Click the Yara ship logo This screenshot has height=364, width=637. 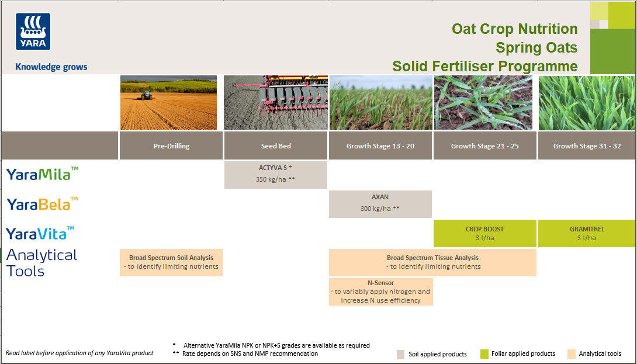point(33,32)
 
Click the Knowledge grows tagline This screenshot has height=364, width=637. point(51,67)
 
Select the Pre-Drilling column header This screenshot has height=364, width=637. point(171,146)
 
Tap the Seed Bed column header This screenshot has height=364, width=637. point(276,146)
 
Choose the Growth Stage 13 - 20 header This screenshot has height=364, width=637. point(380,146)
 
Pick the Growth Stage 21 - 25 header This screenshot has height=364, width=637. point(484,146)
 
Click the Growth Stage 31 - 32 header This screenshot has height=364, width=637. point(587,146)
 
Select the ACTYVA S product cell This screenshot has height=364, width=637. point(275,174)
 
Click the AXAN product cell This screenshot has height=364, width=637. point(380,203)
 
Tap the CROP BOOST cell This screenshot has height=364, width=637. point(484,233)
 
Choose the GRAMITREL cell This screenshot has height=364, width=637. point(586,233)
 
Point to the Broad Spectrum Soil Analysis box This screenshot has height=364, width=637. point(171,262)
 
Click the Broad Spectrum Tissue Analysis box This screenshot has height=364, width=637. point(432,262)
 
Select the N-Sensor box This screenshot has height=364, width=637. point(380,291)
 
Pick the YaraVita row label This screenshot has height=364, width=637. point(40,233)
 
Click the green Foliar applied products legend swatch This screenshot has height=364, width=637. point(484,354)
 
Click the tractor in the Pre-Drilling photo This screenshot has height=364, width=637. point(146,93)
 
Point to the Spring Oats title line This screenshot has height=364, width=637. point(536,47)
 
